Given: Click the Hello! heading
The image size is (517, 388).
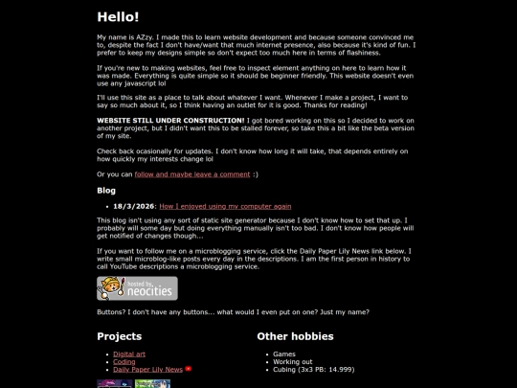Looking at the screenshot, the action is click(118, 17).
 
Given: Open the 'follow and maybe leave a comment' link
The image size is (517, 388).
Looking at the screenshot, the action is click(191, 174).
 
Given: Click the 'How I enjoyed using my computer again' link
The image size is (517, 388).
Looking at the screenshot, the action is click(225, 206).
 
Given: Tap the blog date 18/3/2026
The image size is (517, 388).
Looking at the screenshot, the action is click(133, 206).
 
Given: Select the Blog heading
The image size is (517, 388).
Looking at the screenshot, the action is click(106, 191).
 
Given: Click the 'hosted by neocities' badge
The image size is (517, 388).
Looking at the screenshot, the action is click(137, 288).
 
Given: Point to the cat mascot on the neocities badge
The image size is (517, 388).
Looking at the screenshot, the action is click(110, 288).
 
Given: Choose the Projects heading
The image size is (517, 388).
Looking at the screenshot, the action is click(119, 336).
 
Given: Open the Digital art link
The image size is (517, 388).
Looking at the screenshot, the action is click(129, 354).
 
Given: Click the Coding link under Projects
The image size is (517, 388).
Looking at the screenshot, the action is click(124, 362).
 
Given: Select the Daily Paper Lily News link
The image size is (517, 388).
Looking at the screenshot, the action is click(147, 370).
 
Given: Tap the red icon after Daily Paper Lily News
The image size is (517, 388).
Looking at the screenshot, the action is click(189, 369).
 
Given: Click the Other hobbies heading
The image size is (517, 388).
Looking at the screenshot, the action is click(295, 336).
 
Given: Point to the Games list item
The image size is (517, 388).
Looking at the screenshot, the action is click(284, 354).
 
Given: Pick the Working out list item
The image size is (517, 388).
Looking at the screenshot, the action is click(292, 362).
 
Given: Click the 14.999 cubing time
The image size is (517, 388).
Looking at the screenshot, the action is click(340, 370).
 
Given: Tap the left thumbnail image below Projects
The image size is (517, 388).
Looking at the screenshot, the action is click(115, 383).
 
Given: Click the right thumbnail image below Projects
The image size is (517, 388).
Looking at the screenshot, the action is click(152, 383).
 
